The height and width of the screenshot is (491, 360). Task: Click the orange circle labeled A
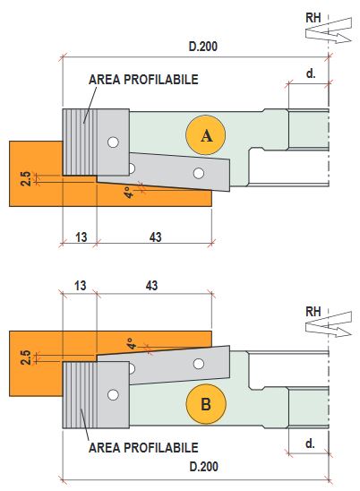[x=205, y=135]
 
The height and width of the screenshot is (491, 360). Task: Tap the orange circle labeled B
[x=206, y=403]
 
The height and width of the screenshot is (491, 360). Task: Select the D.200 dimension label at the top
[x=203, y=47]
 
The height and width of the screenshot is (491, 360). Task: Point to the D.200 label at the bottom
[x=203, y=467]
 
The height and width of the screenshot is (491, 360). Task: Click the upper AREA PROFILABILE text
[x=143, y=80]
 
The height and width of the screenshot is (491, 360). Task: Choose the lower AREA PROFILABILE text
[x=143, y=447]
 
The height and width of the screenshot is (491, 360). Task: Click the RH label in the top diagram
[x=313, y=18]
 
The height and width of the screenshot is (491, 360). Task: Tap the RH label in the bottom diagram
[x=313, y=312]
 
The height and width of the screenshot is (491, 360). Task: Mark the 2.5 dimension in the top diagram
[x=26, y=178]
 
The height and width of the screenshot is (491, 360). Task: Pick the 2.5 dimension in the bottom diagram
[x=26, y=357]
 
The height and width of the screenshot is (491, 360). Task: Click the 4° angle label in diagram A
[x=128, y=193]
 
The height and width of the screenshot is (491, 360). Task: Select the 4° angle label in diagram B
[x=133, y=343]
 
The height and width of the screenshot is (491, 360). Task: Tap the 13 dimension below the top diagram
[x=81, y=237]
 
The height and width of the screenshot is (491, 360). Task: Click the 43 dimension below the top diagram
[x=155, y=237]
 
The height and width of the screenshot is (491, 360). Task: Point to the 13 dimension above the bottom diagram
[x=80, y=285]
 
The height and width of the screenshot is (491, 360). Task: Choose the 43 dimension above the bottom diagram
[x=151, y=285]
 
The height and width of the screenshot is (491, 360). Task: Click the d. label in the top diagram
[x=311, y=73]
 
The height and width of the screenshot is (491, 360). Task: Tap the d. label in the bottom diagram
[x=310, y=444]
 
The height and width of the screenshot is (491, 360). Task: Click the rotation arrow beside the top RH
[x=329, y=30]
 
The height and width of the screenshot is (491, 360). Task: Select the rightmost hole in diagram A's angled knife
[x=199, y=173]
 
